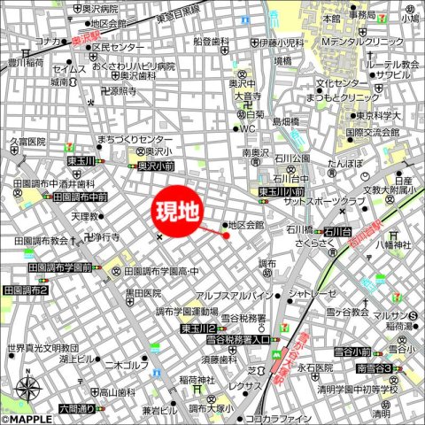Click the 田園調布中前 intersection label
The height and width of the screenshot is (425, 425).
click(80, 197)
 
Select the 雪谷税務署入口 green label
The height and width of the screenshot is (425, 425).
click(237, 339)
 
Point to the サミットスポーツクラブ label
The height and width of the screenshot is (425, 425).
click(323, 202)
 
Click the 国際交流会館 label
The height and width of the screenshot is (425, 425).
click(375, 133)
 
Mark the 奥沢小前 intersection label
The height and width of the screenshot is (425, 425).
click(156, 165)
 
